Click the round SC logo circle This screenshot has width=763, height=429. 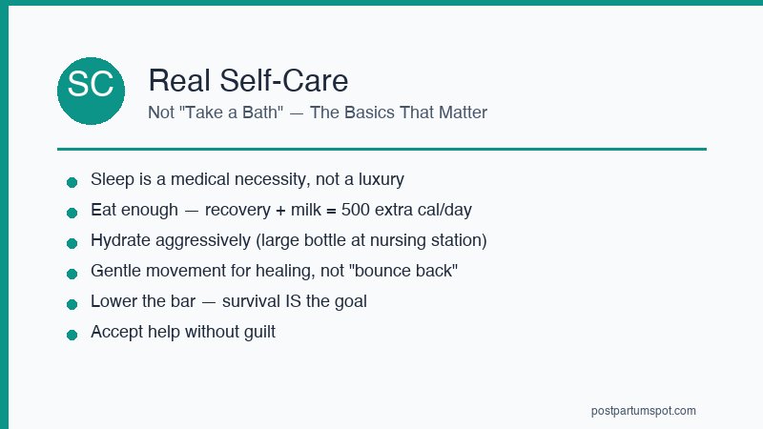point(92,91)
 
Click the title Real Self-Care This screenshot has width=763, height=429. point(247,80)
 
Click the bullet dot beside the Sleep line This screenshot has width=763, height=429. point(72,181)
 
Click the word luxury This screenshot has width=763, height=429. point(379,179)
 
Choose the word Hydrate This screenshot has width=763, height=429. point(120,240)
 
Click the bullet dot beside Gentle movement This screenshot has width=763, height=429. point(72,273)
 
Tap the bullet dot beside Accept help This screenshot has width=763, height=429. point(72,334)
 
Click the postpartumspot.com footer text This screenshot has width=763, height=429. point(643,411)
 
